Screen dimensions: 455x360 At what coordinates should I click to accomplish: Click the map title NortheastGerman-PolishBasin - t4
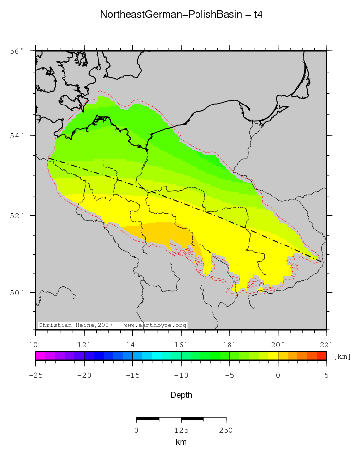point(181,15)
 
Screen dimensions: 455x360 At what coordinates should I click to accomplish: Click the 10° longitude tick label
point(35,344)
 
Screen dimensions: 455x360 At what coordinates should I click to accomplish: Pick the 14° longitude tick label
point(132,344)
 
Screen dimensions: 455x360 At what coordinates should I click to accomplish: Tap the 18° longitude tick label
point(229,344)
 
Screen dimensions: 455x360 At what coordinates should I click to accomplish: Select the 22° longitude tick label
point(326,344)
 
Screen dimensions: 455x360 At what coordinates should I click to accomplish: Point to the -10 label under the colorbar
point(181,376)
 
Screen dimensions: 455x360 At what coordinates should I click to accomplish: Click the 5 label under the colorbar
point(326,376)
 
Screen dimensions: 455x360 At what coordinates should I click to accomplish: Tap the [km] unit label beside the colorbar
point(342,356)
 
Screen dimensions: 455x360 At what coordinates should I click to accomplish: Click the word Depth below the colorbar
point(181,395)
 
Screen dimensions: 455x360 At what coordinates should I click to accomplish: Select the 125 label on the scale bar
point(181,430)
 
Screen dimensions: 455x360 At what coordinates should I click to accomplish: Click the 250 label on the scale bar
point(226,430)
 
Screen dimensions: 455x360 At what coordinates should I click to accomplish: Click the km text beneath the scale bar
point(181,442)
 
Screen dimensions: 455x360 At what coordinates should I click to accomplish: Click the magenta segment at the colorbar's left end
point(40,356)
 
